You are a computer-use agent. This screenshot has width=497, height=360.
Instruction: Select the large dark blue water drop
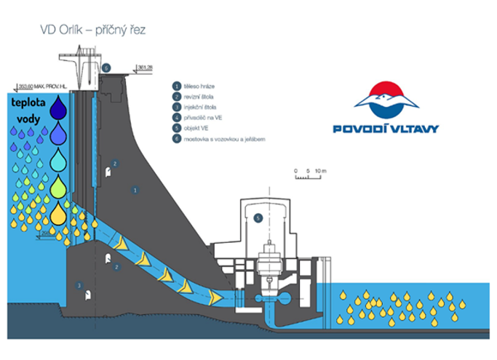pyautogui.click(x=63, y=108)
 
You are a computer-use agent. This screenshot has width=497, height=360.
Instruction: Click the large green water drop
pyautogui.click(x=63, y=187)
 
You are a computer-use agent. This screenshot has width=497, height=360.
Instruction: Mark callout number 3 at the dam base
pyautogui.click(x=79, y=286)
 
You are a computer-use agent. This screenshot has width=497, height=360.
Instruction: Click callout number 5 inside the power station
pyautogui.click(x=257, y=217)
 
